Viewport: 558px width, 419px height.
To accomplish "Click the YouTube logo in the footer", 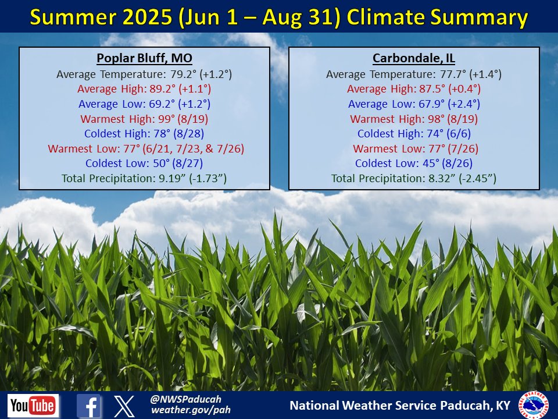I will pos(33,405).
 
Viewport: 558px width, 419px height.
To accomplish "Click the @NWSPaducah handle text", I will pos(181,399).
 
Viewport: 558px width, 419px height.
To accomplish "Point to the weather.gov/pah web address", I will pos(191,410).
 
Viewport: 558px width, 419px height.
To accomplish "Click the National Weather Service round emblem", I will pos(533,404).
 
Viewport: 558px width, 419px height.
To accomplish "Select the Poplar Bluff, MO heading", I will pos(144,59).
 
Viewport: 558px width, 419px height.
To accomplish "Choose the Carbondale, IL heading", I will pos(414,59).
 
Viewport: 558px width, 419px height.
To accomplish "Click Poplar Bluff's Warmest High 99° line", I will pos(144,119).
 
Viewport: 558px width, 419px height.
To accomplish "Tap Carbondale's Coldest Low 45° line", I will pos(414,164).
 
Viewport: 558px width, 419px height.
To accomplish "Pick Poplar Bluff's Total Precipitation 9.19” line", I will pos(144,178).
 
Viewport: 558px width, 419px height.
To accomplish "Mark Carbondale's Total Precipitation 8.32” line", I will pos(414,178).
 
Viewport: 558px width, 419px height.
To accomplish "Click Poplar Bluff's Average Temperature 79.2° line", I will pos(144,74).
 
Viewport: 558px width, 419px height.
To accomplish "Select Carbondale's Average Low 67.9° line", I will pos(414,104).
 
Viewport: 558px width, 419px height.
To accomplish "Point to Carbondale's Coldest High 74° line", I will pos(414,134).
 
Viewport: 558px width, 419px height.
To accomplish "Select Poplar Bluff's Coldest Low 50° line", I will pos(144,164).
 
